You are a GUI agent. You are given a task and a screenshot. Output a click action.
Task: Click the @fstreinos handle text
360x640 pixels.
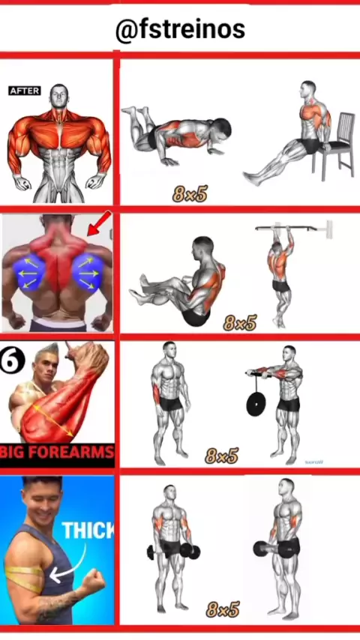[180, 30]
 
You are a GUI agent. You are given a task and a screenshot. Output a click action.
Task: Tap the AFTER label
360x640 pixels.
[25, 91]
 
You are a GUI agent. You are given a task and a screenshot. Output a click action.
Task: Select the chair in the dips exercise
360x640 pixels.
[334, 145]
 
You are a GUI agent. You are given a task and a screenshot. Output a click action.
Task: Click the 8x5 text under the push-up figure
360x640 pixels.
[190, 193]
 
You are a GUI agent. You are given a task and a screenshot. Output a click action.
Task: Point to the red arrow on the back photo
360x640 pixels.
[99, 223]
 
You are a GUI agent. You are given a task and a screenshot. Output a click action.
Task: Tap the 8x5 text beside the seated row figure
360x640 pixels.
[240, 322]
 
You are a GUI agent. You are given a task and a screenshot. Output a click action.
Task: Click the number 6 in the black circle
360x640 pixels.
[12, 360]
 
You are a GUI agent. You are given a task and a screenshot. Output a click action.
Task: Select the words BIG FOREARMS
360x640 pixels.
[57, 452]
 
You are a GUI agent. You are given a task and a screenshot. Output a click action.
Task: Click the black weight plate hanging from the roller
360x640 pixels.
[256, 403]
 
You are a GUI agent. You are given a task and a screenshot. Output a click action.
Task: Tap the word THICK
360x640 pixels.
[88, 530]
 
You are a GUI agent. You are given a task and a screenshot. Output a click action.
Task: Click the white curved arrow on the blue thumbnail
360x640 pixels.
[70, 564]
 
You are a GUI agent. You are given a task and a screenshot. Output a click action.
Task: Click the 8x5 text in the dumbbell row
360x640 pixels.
[222, 609]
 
